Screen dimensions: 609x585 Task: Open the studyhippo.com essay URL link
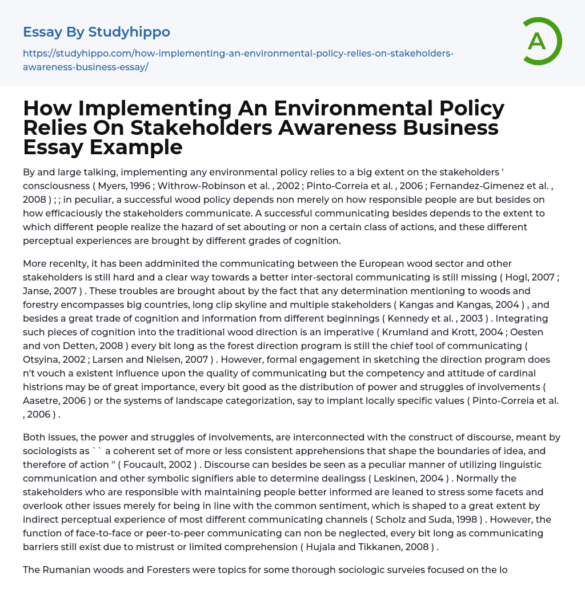(238, 60)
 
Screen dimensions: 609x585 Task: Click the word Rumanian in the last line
(66, 570)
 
